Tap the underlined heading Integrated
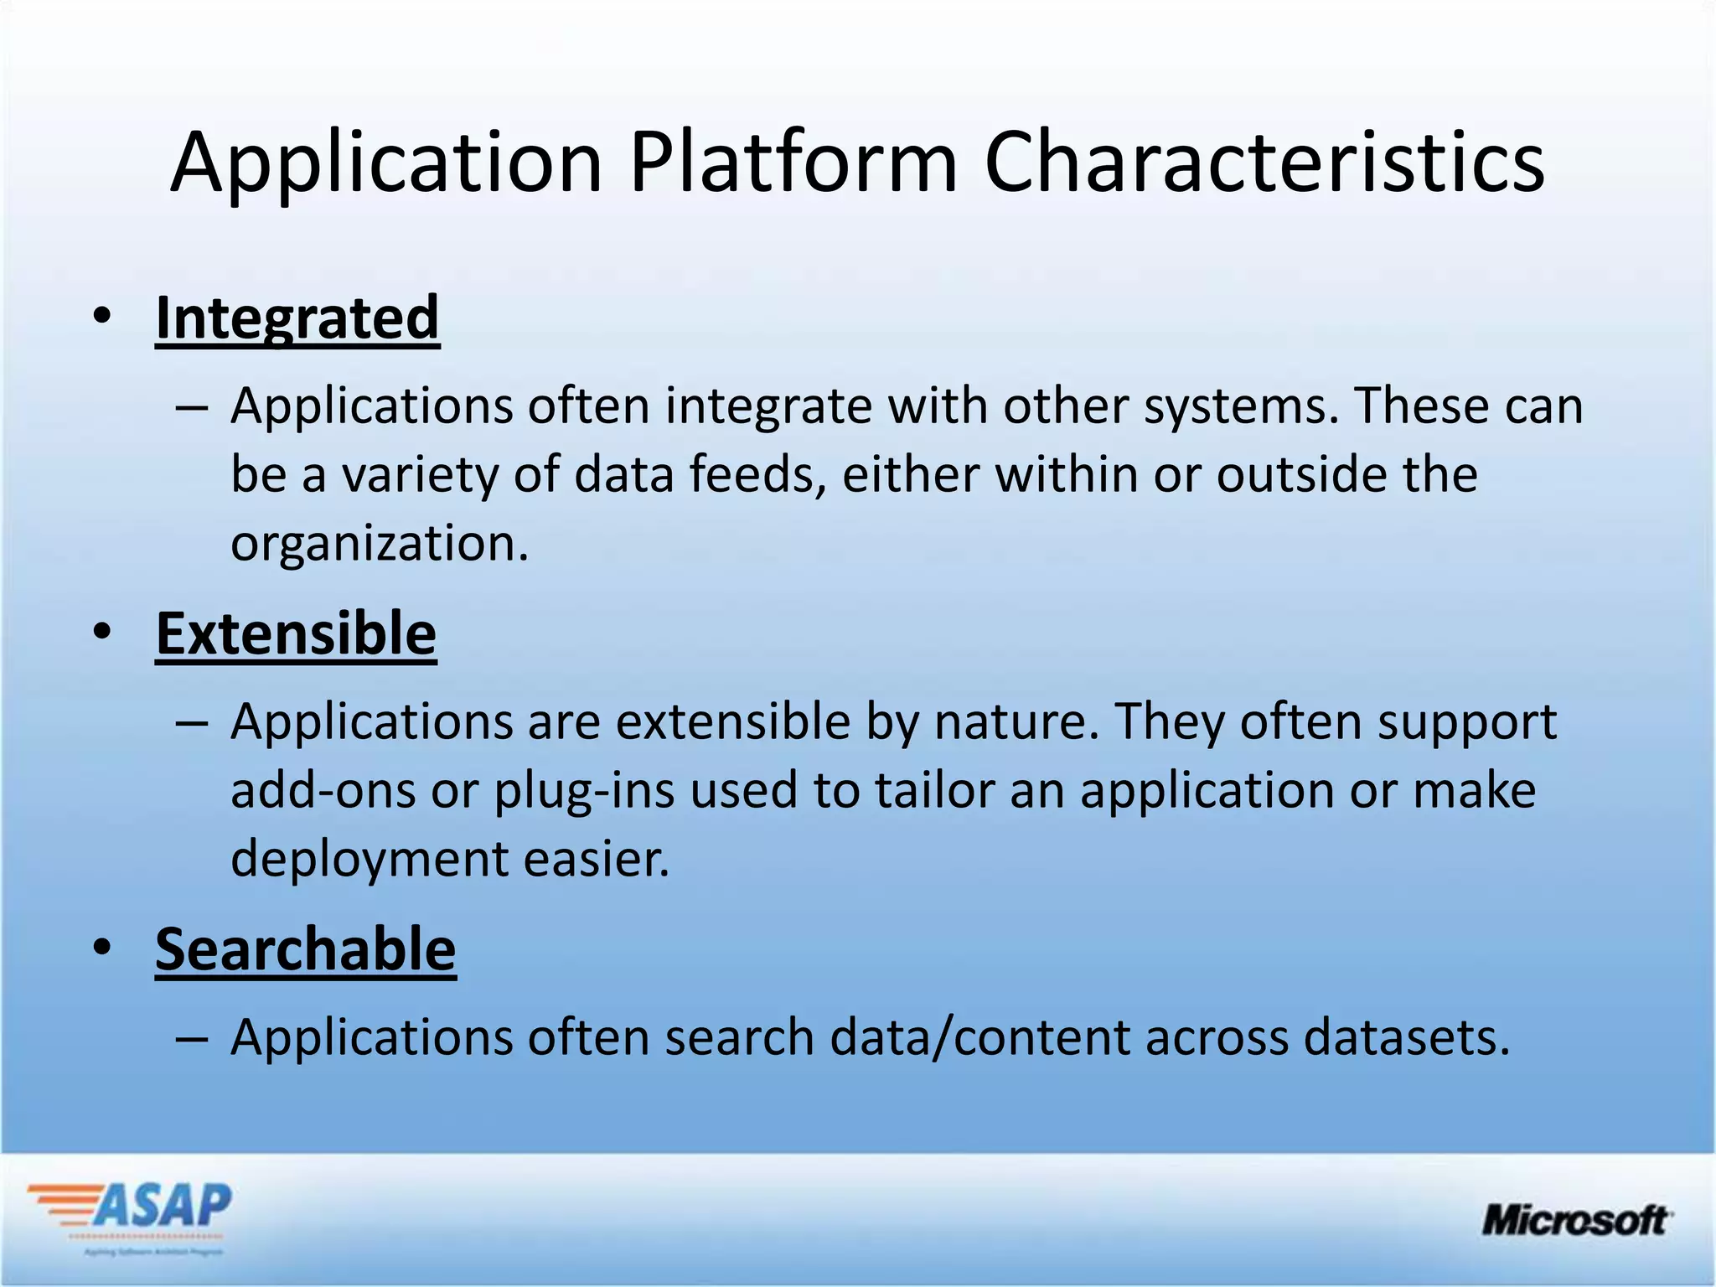(297, 318)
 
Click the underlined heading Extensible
(296, 633)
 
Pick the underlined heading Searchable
(306, 949)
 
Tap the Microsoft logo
(1576, 1220)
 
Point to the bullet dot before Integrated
(102, 318)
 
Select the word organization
(380, 545)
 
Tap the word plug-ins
(584, 791)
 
